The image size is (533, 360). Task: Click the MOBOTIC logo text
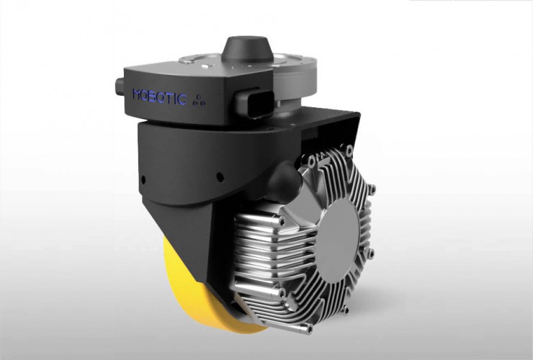[160, 96]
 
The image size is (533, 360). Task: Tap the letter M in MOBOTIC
[139, 94]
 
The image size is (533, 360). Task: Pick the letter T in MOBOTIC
[170, 97]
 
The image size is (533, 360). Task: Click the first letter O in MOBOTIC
[147, 94]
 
